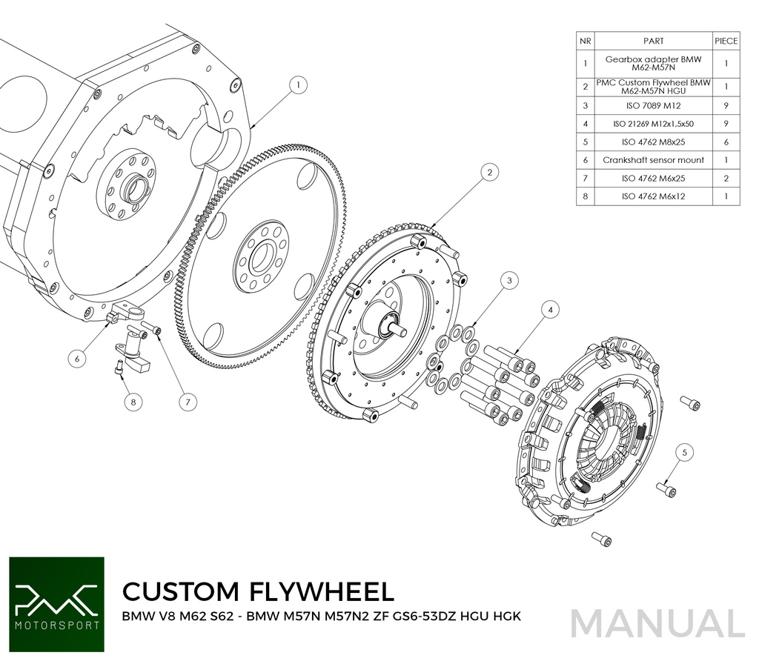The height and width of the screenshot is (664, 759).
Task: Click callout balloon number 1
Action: tap(297, 85)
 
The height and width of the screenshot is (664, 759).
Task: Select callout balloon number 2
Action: tap(488, 173)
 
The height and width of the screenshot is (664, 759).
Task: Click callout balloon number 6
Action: tap(76, 358)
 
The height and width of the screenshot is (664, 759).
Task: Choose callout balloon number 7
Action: tap(188, 402)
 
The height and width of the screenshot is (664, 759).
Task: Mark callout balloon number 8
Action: tap(133, 402)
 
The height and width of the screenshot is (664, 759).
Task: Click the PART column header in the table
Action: tap(653, 41)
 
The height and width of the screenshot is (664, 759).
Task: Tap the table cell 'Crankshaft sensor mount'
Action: tap(653, 159)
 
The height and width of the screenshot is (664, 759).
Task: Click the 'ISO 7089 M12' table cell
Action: tap(653, 105)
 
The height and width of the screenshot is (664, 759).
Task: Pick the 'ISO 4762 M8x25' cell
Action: tap(653, 142)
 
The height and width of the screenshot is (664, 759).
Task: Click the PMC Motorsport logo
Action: tap(57, 603)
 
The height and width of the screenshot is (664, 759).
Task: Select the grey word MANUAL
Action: tap(657, 622)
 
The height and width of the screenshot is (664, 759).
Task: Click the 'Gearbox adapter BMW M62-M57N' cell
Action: tap(653, 63)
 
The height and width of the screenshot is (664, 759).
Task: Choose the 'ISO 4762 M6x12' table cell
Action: tap(653, 196)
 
